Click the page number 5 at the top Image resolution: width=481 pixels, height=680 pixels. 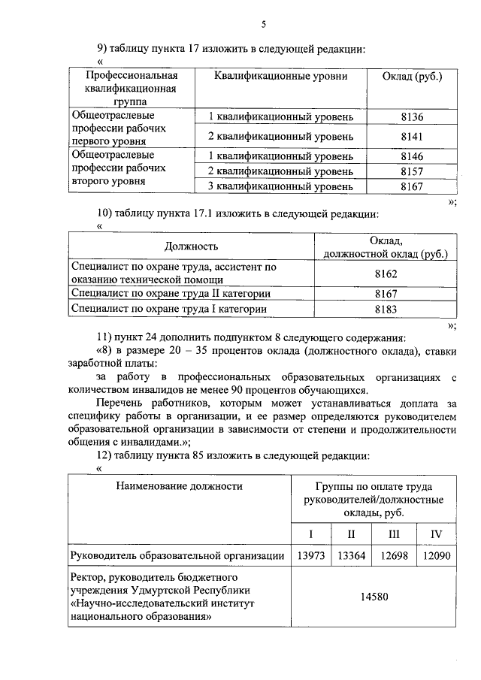264,24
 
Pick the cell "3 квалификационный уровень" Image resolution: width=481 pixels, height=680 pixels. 280,186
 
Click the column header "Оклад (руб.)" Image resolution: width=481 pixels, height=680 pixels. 412,77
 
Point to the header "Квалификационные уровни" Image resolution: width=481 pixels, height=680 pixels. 280,77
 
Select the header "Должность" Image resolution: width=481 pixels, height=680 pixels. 192,246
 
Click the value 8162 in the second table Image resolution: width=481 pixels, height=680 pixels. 386,274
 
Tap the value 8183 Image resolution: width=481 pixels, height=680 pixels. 386,308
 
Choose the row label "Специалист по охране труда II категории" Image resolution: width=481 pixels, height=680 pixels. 164,294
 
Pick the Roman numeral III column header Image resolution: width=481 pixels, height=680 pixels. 394,533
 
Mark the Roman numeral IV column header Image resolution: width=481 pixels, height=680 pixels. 436,533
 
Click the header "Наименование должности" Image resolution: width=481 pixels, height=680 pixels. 180,486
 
